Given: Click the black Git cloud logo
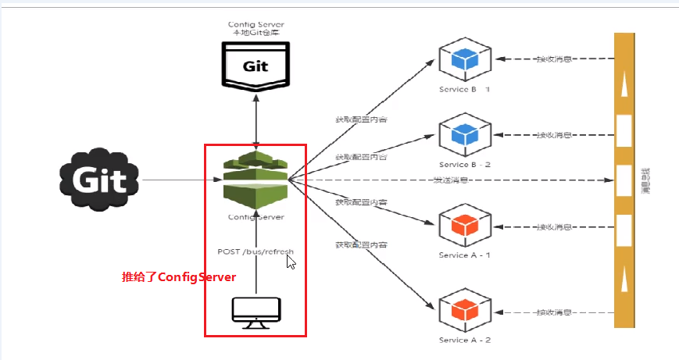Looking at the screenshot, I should coord(99,180).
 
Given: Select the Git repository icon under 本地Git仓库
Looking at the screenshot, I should coord(256,66).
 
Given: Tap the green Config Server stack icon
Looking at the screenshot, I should coord(256,178).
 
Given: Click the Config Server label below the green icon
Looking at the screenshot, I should coord(256,217).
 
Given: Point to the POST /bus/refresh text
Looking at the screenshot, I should coord(256,251).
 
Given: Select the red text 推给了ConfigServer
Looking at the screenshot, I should coord(178,277).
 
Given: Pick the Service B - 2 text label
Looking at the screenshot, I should coord(465,165).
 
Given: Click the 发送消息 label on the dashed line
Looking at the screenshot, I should coord(451,180).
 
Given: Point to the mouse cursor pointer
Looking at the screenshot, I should coord(291,261).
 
